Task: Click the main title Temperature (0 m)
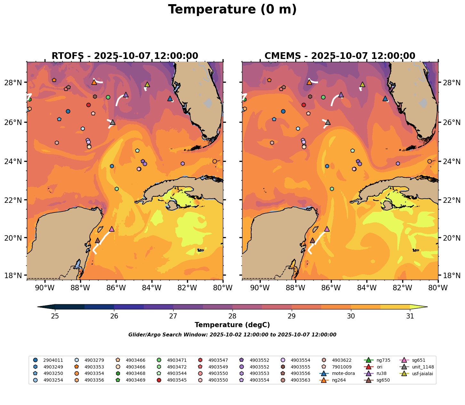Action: click(x=232, y=10)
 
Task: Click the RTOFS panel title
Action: click(x=125, y=56)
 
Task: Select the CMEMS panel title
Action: click(x=340, y=56)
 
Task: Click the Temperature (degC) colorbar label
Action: click(x=232, y=325)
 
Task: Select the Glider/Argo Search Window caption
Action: click(x=232, y=335)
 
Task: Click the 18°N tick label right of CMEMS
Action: click(x=452, y=276)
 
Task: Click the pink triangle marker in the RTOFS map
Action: click(x=112, y=229)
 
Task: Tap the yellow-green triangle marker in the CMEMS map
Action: click(x=363, y=84)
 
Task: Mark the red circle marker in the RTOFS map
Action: click(x=88, y=105)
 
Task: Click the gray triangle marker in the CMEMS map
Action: click(x=328, y=122)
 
